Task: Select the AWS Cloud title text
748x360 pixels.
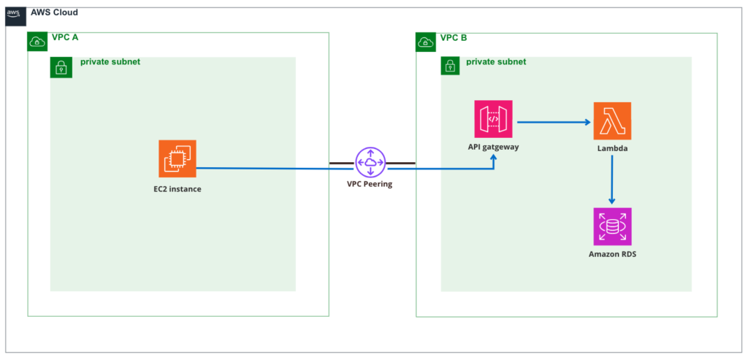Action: (x=54, y=13)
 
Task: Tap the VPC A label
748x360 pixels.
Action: (x=65, y=37)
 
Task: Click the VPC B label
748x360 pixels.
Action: (x=454, y=37)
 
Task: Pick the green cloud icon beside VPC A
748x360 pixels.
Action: (x=37, y=42)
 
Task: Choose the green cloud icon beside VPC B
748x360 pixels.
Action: (x=426, y=42)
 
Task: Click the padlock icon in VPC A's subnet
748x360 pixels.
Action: (x=60, y=67)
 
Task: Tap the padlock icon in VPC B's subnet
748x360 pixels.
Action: (x=451, y=67)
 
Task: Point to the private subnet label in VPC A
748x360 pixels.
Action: (x=110, y=62)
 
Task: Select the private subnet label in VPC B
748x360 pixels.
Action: (x=496, y=62)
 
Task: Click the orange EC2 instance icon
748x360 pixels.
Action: (x=178, y=158)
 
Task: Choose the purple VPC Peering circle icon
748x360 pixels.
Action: (x=370, y=162)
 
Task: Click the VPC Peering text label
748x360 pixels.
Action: (x=370, y=184)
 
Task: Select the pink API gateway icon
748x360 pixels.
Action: (x=494, y=120)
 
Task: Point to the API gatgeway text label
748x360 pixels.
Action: (x=495, y=148)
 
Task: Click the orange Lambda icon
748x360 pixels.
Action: (x=612, y=121)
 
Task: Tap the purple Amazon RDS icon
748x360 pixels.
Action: (x=612, y=226)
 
